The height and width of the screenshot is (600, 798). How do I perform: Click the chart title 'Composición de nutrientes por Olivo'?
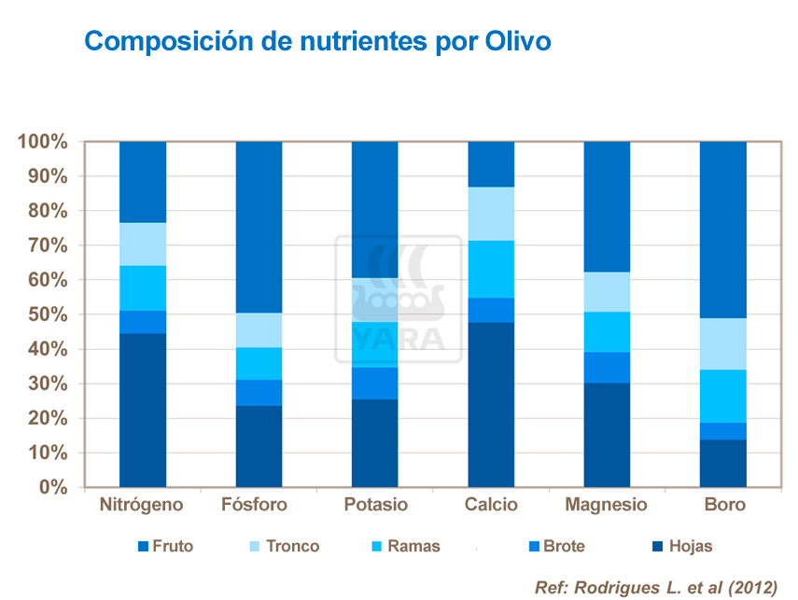coord(317,42)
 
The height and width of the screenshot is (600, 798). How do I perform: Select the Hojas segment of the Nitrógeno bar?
coord(143,410)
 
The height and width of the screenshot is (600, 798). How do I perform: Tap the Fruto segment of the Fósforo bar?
coord(259,227)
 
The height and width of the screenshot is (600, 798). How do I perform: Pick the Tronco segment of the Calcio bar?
coord(491,214)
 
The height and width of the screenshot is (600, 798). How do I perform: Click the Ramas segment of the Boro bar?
coord(723,397)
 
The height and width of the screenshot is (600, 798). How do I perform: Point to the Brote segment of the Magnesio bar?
coord(607,367)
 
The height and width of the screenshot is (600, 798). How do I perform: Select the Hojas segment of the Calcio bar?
coord(491,404)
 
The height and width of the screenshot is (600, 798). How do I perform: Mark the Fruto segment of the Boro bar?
coord(723,230)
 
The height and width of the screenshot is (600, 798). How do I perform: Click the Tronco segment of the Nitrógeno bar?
coord(143,244)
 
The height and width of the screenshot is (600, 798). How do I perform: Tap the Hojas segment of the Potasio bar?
coord(374,442)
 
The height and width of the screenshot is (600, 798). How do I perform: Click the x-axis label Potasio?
coord(375,505)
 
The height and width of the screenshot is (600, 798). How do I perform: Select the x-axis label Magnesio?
coord(607,505)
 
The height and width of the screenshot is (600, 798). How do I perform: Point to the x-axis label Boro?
coord(725,505)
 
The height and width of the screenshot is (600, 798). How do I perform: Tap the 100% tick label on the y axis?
coord(43,142)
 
